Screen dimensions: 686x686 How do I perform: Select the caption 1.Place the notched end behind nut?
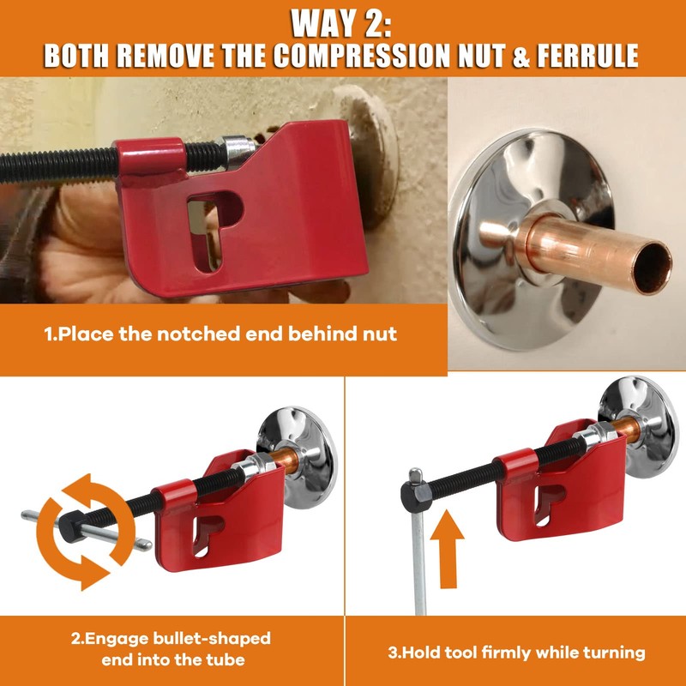tap(221, 334)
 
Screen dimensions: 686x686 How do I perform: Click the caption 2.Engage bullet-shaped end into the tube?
tap(171, 649)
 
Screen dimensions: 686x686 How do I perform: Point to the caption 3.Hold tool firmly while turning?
tap(514, 653)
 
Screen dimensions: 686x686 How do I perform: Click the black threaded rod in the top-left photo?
tap(60, 160)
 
